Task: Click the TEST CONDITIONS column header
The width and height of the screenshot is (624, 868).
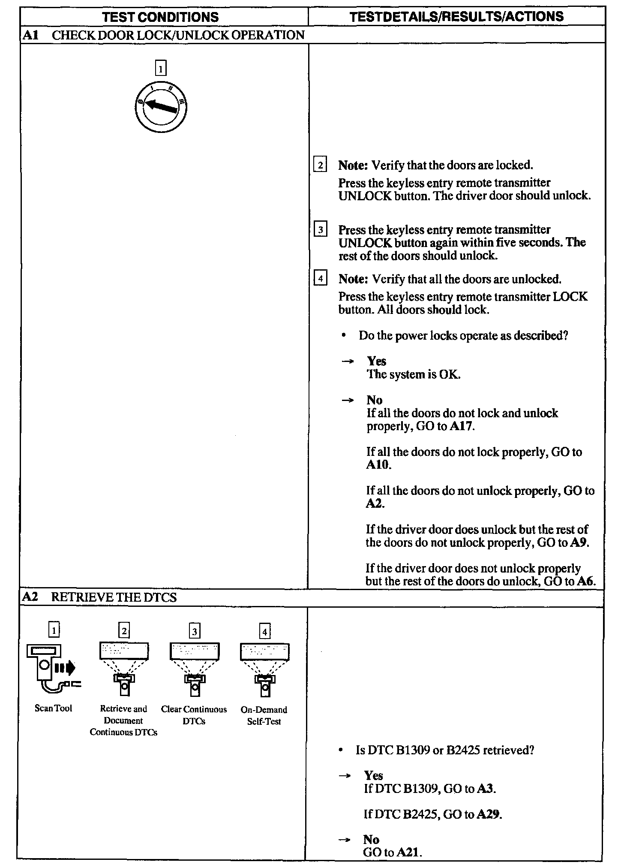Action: pos(160,17)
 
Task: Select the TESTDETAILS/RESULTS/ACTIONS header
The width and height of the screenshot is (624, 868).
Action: pos(456,17)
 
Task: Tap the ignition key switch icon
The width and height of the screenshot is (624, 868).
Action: pos(161,106)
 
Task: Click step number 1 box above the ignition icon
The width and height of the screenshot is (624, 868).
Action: pos(160,68)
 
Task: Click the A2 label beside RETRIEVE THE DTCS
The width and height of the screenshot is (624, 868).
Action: pos(30,597)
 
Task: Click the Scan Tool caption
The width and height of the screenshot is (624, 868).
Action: pos(53,708)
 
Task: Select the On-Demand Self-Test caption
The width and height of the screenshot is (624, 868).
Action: pos(264,715)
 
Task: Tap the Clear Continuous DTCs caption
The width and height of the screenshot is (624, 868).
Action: pos(194,715)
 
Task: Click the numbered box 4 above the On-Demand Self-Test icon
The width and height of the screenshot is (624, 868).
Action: pos(265,631)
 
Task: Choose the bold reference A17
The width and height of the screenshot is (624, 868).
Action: pos(462,427)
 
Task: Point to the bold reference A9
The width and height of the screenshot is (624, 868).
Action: pos(579,542)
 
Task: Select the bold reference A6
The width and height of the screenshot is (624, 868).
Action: pos(585,581)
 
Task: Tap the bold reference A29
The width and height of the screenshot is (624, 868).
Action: pos(488,814)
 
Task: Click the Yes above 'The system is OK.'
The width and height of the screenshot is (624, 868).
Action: pos(376,361)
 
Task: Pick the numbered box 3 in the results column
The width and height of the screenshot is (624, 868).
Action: pos(321,230)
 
